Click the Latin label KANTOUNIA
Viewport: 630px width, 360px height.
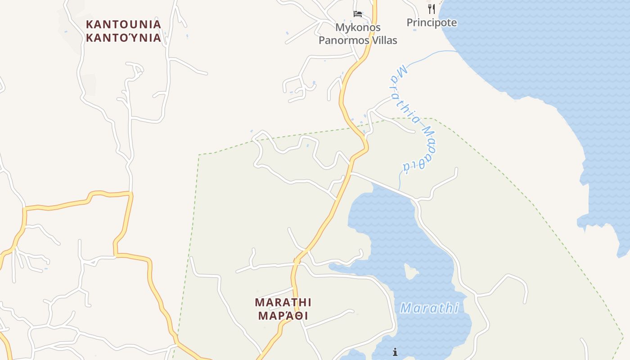123,24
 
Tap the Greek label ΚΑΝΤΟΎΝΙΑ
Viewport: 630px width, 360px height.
123,38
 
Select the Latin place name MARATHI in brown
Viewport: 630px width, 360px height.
283,302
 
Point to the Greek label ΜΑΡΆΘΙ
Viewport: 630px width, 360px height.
283,315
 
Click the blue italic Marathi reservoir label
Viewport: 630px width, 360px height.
429,308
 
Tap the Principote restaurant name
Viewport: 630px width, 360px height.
432,22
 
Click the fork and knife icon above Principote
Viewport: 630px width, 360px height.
431,9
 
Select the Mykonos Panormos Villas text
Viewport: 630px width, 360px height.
358,34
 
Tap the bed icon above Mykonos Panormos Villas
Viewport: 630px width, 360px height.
358,14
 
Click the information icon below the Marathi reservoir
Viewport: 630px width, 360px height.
395,352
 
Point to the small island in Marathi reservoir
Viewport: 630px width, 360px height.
410,271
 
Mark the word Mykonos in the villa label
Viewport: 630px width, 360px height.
358,27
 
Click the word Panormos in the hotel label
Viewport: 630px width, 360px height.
341,40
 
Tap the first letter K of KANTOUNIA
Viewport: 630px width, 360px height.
89,24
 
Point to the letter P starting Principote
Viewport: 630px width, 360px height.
410,22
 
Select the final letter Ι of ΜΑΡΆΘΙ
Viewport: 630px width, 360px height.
306,315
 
